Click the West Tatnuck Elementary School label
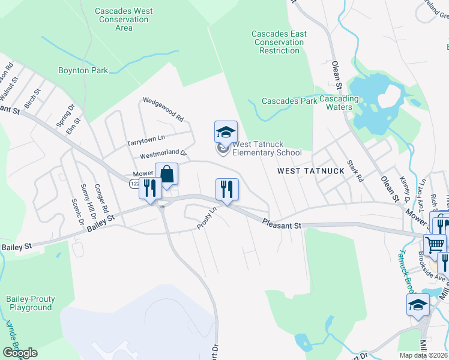267,148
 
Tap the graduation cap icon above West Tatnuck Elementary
226,132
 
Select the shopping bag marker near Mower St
166,175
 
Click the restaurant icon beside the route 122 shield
149,188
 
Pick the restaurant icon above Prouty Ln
227,190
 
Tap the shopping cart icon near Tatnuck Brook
435,244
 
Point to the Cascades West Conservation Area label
124,19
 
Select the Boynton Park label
83,70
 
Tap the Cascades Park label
289,101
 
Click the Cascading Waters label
339,103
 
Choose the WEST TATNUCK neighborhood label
311,171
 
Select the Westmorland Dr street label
164,155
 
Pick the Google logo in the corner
20,353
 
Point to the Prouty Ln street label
206,218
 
